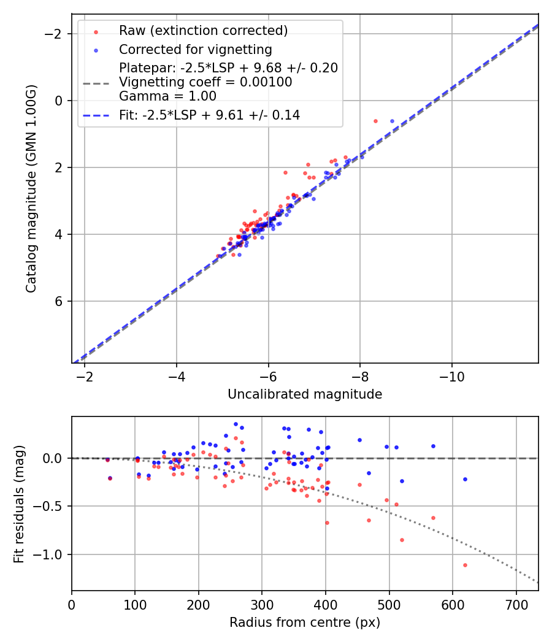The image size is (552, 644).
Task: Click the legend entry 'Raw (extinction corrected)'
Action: (x=203, y=31)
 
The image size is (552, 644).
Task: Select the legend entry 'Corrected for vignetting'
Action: (x=195, y=49)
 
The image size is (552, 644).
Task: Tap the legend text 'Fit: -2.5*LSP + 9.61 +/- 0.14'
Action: (x=209, y=115)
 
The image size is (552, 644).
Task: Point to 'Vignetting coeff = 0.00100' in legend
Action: (x=205, y=82)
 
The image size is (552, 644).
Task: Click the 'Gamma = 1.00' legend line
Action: (x=167, y=96)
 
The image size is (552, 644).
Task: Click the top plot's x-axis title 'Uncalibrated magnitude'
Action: (x=305, y=394)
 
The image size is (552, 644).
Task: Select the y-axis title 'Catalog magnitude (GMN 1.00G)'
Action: (x=31, y=188)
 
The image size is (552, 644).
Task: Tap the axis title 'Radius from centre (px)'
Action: (x=305, y=623)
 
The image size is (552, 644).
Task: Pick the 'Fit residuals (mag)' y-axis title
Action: (x=19, y=504)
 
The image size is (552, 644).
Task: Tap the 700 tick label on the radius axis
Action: (x=516, y=604)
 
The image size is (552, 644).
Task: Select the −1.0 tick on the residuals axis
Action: (x=53, y=554)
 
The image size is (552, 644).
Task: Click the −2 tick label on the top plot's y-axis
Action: (x=56, y=34)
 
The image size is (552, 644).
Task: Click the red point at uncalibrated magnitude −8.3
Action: (x=375, y=121)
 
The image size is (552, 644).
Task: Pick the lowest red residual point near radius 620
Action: (x=465, y=565)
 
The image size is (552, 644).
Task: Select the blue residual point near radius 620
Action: (x=465, y=479)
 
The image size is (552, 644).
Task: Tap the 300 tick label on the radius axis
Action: (x=262, y=604)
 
